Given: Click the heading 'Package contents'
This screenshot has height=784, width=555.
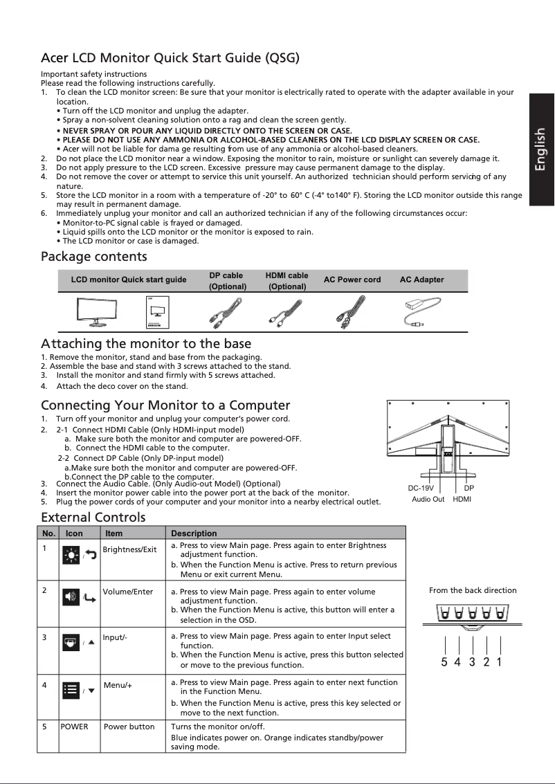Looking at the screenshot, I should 94,257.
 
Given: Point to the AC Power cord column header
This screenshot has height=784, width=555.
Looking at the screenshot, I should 352,280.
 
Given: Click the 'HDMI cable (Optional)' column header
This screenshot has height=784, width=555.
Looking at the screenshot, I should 287,281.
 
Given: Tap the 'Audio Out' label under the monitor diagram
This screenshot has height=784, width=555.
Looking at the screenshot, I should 428,499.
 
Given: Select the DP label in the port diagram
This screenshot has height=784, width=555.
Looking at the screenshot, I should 469,489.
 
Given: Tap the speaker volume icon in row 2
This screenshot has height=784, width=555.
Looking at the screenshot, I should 71,596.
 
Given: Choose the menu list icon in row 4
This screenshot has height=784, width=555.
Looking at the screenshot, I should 71,690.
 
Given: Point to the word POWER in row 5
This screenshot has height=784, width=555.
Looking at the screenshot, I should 74,727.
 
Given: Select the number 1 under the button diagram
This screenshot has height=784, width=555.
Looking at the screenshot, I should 500,662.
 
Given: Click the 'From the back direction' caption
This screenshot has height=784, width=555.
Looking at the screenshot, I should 473,590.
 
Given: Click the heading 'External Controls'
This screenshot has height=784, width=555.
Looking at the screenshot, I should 93,518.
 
